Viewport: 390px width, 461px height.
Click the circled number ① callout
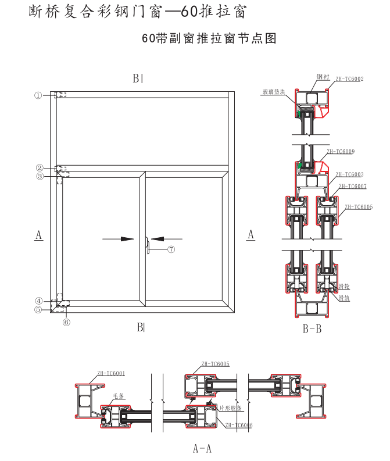click(x=38, y=95)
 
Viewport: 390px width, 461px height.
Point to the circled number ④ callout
click(x=38, y=301)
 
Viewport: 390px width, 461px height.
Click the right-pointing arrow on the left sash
click(x=119, y=238)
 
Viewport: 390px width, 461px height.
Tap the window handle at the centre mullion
click(x=148, y=244)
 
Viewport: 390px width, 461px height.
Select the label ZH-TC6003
click(x=349, y=174)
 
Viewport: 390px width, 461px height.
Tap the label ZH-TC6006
click(x=238, y=426)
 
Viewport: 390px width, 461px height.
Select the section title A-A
click(x=202, y=448)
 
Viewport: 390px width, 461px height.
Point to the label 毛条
click(x=119, y=396)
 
